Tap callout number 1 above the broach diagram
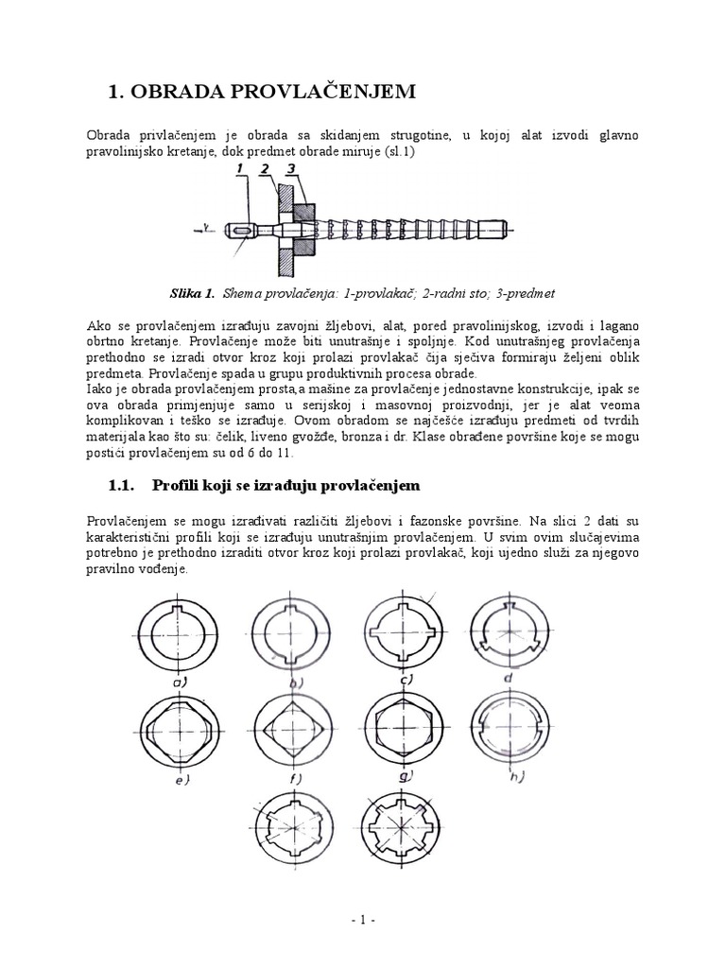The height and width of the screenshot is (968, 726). (240, 169)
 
